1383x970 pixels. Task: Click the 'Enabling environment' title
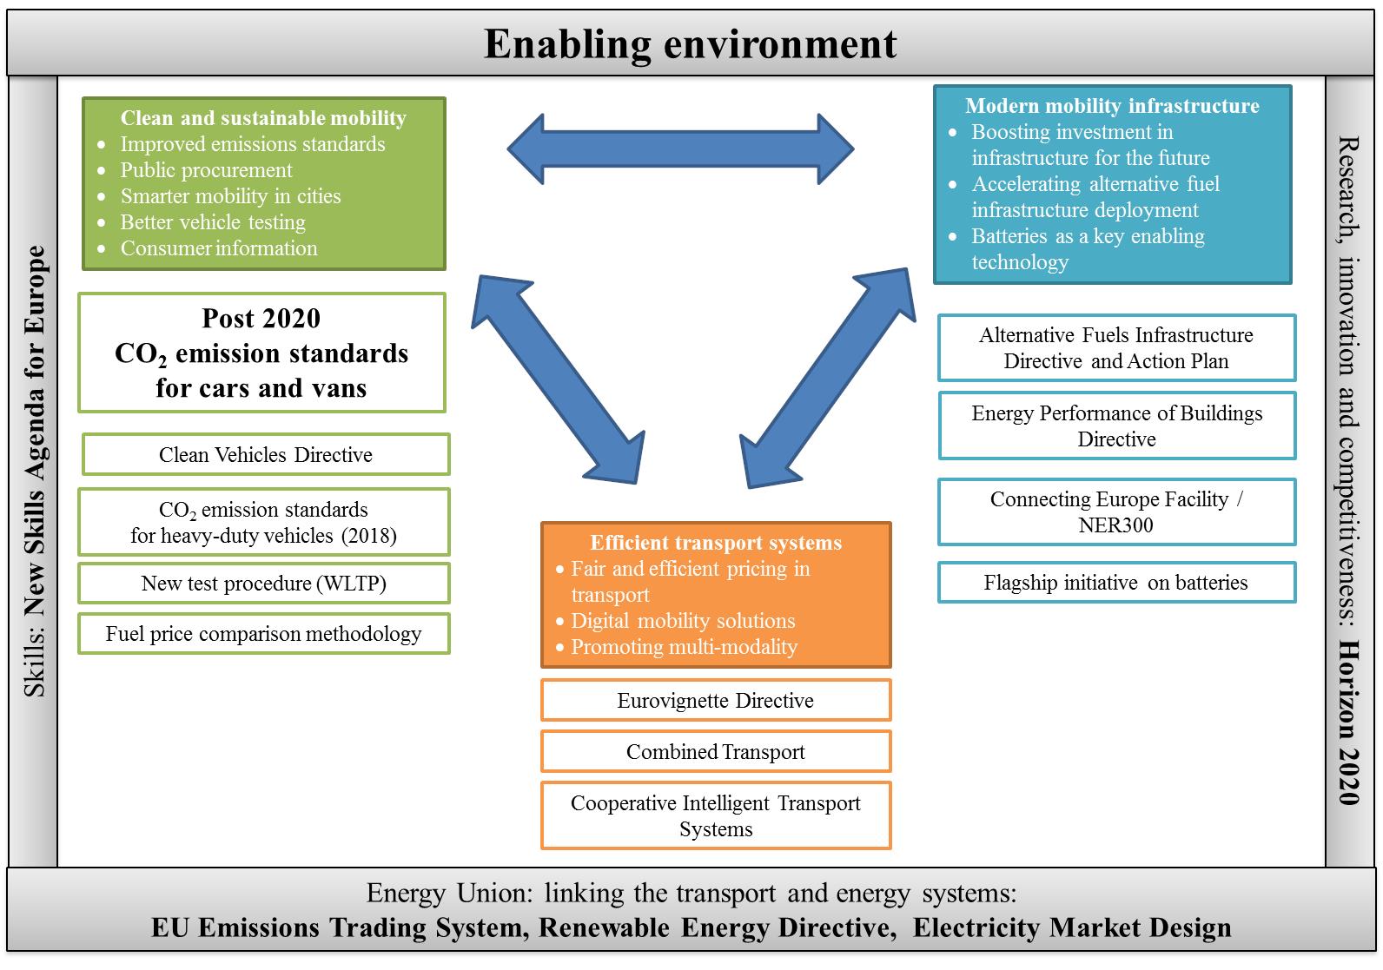(690, 44)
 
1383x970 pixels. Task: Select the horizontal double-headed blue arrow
(680, 148)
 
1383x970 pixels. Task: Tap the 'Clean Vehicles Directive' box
(266, 455)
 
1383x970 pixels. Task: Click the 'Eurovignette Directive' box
(716, 700)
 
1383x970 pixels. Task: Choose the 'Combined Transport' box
(716, 751)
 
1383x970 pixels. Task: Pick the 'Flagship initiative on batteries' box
(1116, 583)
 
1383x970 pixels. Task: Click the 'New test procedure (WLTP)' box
(263, 583)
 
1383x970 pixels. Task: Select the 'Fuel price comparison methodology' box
(263, 634)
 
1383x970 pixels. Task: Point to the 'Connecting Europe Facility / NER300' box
(1116, 512)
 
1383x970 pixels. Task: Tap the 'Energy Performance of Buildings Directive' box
(1116, 426)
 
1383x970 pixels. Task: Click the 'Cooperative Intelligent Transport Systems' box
(716, 815)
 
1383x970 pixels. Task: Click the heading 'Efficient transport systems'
(716, 543)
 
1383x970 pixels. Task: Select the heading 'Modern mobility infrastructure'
(1112, 106)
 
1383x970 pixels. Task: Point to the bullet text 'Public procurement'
(206, 169)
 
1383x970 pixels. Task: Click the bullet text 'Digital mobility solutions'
(683, 620)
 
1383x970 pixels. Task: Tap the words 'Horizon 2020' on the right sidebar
(1349, 723)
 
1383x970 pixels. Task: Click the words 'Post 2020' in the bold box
(261, 319)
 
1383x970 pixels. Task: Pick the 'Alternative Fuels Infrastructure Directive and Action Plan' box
(1116, 348)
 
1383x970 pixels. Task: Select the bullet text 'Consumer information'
(219, 248)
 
